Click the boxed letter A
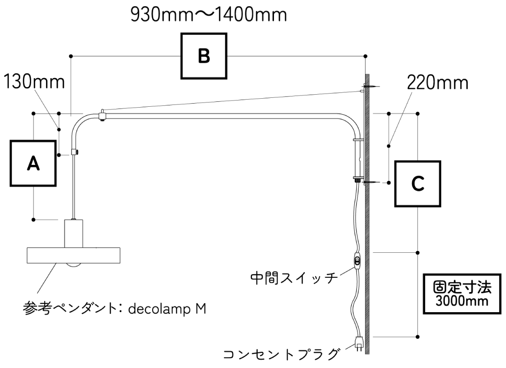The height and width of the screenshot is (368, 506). point(33,163)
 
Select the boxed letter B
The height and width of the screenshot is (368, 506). point(204,57)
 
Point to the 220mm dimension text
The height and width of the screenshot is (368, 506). point(438,83)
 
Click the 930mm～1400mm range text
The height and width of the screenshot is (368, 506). point(208,16)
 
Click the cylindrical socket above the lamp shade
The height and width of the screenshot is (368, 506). point(73,233)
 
